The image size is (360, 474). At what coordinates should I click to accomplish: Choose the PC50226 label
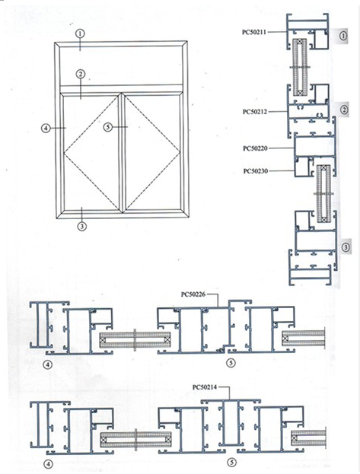196,293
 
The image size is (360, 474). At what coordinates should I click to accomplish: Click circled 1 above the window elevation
80,33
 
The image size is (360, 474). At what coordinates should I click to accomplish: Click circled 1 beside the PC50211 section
345,35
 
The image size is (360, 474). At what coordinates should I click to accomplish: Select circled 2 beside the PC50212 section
345,110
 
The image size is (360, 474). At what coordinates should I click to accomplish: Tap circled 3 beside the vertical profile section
346,247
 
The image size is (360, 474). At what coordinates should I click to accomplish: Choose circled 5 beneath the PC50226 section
231,364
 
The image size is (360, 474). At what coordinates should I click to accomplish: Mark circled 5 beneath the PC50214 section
231,461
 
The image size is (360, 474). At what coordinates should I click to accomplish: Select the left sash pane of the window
91,152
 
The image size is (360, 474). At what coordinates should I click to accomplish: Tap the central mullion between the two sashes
121,152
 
